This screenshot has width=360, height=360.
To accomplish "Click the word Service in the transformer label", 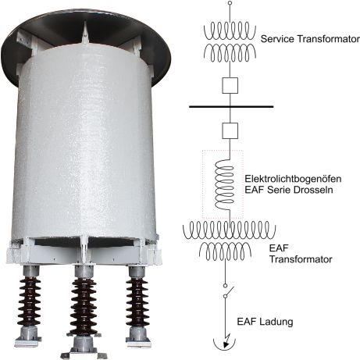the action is click(277, 39).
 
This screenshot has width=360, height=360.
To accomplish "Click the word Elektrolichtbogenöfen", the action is click(293, 179).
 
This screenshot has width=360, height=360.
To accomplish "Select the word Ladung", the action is click(276, 322).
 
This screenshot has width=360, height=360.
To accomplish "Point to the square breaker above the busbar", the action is click(230, 85).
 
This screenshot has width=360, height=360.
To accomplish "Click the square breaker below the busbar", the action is click(230, 130).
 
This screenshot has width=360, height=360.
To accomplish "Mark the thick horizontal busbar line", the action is click(231, 106).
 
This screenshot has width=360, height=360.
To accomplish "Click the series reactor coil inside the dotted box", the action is click(224, 184).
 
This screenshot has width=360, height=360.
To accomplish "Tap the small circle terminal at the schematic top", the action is click(230, 3).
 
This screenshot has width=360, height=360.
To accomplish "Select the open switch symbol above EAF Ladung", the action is click(228, 291).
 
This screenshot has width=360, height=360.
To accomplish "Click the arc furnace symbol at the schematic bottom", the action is click(225, 342).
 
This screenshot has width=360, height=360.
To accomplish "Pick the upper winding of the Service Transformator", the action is click(230, 31).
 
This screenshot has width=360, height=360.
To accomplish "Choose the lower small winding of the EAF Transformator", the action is click(226, 251).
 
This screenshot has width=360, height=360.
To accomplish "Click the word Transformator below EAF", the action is click(301, 259).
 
